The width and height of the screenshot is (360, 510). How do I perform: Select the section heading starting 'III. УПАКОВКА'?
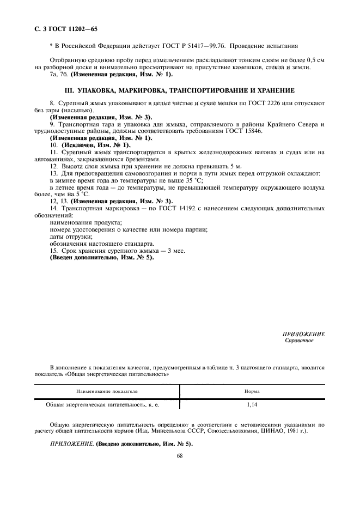tap(180, 89)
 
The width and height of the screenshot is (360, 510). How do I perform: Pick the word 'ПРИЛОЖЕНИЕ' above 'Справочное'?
tap(304, 333)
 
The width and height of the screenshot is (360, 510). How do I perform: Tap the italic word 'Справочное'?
tap(300, 341)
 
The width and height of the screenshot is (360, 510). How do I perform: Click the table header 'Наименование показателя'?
tap(107, 391)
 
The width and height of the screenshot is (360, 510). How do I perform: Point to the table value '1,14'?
tap(252, 405)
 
